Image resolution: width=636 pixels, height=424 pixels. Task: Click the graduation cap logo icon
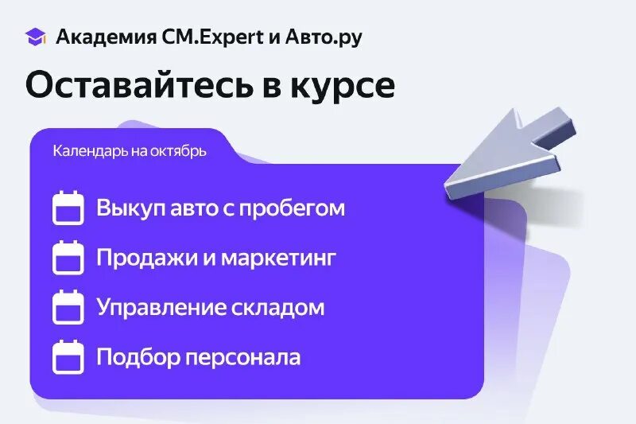pyautogui.click(x=36, y=37)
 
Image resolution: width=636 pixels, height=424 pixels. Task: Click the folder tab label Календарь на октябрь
pyautogui.click(x=130, y=150)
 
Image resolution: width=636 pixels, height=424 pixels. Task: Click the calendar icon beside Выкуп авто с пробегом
pyautogui.click(x=68, y=208)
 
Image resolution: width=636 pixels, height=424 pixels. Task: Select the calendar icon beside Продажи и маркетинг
pyautogui.click(x=68, y=258)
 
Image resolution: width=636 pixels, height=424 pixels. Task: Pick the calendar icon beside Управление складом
pyautogui.click(x=68, y=307)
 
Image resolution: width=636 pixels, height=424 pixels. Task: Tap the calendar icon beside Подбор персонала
pyautogui.click(x=68, y=356)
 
